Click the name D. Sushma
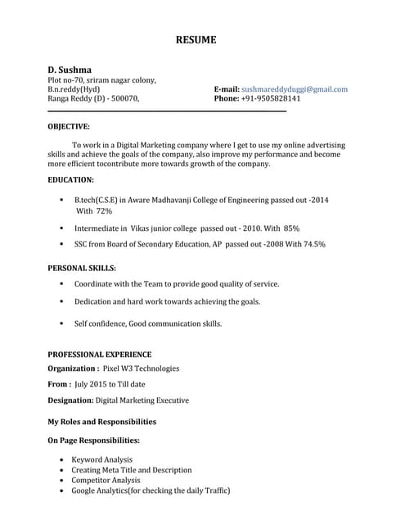pos(70,70)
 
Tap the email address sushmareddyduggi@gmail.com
pos(295,89)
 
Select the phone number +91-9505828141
pos(270,98)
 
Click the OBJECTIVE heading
pos(69,127)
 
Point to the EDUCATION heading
pos(70,179)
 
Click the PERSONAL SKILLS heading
pos(82,268)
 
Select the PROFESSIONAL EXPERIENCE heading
pos(99,355)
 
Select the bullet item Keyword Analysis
pos(101,460)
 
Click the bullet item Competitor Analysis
pos(106,481)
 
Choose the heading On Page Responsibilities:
pos(93,440)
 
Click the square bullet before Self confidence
pos(61,323)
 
